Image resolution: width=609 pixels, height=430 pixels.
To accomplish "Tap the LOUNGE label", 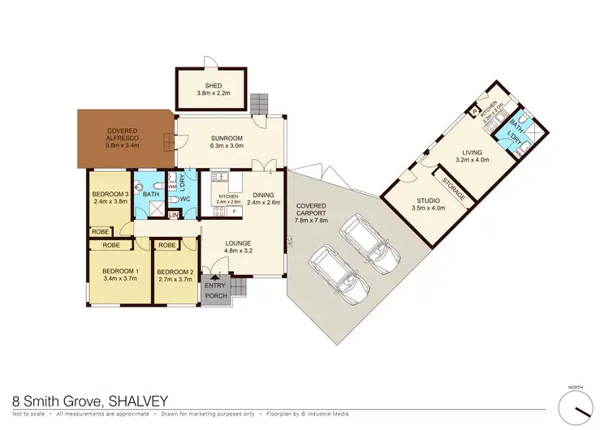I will (x=243, y=243).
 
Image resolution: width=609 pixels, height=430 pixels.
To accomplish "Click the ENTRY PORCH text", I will (x=216, y=290).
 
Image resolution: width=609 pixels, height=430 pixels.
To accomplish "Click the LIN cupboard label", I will (x=172, y=215).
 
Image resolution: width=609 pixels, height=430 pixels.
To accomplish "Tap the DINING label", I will (x=263, y=195).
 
